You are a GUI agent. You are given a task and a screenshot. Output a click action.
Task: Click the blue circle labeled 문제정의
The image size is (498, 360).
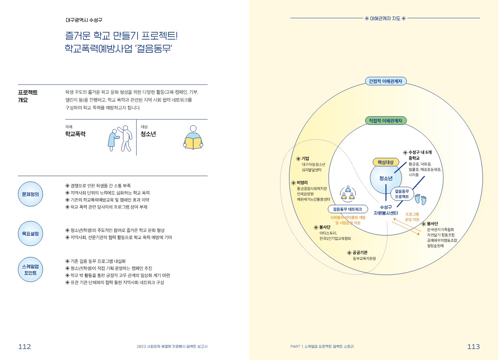coord(30,194)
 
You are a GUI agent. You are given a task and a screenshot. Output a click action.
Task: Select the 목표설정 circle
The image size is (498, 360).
coord(30,234)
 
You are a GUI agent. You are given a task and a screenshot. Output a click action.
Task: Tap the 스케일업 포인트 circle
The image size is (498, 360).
coord(30,270)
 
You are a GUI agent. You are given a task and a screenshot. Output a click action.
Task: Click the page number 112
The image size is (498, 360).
coord(25,346)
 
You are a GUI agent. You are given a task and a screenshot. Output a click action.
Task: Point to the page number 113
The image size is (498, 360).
coord(473,346)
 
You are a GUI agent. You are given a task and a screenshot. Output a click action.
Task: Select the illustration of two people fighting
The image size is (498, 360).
coord(120,138)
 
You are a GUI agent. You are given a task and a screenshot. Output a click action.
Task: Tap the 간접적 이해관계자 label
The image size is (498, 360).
coord(385,81)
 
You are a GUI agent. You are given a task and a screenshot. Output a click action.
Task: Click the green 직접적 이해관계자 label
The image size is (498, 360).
coord(385,121)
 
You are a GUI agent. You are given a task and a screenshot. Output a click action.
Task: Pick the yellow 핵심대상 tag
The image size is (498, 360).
coord(385,162)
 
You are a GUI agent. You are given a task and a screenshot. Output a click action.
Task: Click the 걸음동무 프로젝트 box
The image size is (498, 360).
coord(402,194)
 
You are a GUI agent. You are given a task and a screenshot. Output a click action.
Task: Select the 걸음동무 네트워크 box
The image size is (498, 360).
coord(347,209)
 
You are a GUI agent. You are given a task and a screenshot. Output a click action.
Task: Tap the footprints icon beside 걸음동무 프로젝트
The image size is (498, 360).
coord(420,199)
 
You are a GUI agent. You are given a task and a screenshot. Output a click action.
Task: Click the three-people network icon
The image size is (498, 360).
coord(348,193)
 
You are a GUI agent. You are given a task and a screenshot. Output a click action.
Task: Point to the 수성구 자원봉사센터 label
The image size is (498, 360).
coord(386,210)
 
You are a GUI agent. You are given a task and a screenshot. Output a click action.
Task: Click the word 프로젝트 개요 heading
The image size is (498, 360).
coord(27,96)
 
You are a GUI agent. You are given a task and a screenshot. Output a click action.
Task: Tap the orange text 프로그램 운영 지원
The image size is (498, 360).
coord(412,217)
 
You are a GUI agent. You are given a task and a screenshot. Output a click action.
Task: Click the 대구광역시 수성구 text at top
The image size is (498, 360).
coord(84,20)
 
